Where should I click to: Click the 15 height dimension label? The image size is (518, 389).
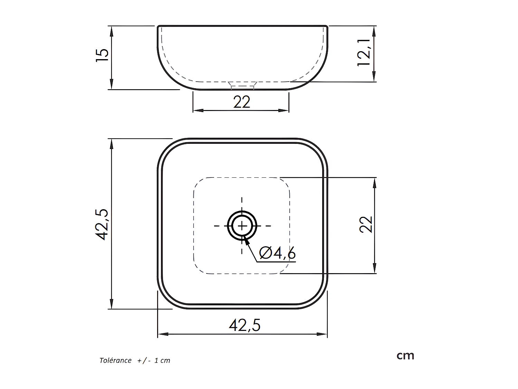(x=102, y=55)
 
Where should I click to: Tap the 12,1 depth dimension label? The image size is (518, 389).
(x=364, y=53)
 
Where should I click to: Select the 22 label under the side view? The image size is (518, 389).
(x=242, y=102)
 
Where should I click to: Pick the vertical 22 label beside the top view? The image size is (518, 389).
(x=366, y=225)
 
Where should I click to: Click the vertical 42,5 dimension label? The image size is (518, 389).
(x=102, y=225)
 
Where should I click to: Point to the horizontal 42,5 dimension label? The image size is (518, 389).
(x=245, y=325)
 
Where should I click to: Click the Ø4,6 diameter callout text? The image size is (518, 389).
(x=277, y=253)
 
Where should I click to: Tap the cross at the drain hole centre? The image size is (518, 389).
(x=242, y=226)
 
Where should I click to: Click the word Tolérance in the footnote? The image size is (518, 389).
(x=115, y=360)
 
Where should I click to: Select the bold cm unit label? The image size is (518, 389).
(x=405, y=356)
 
